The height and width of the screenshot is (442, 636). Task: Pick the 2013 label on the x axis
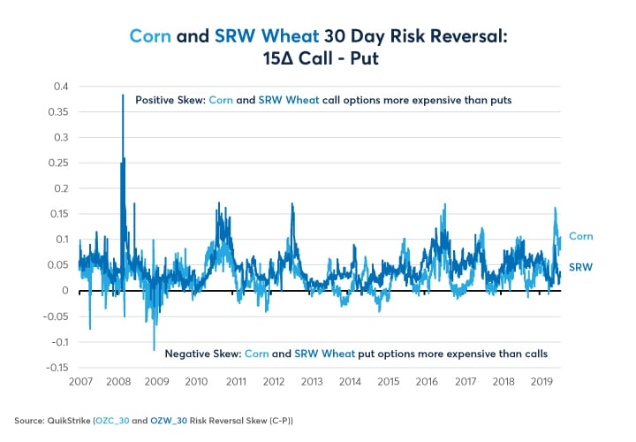click(312, 381)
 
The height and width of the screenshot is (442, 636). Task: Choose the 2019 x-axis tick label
click(542, 381)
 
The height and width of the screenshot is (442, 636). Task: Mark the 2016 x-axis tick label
click(428, 381)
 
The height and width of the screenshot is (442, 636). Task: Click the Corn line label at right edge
click(580, 237)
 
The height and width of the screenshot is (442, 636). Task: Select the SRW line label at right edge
click(579, 267)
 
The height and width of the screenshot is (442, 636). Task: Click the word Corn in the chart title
click(148, 35)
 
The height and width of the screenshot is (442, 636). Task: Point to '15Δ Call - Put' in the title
click(318, 58)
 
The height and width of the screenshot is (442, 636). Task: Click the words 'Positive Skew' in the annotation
click(169, 101)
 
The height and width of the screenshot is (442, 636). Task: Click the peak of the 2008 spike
click(123, 95)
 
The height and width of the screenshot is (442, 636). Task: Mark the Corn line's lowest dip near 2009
click(155, 349)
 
